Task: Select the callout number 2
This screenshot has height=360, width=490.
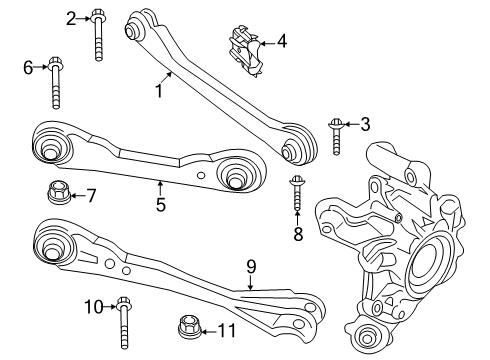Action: tap(70, 17)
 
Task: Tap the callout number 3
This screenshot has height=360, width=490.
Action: tap(365, 124)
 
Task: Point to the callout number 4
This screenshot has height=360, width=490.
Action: tap(281, 41)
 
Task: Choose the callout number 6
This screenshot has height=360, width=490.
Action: tap(28, 67)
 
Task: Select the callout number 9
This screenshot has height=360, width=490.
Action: tap(252, 267)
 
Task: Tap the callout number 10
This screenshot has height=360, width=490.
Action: tap(93, 306)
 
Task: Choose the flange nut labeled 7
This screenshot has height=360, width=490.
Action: tap(57, 190)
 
